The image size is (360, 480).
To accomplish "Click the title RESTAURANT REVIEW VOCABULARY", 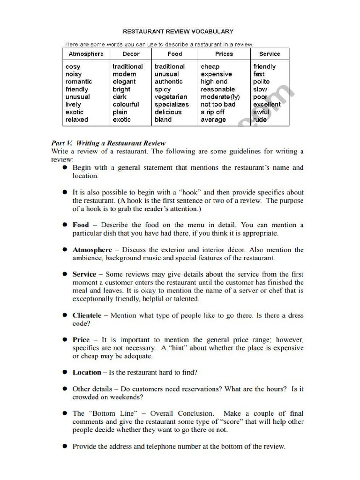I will point(178,31).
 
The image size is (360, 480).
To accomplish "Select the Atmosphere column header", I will point(86,54).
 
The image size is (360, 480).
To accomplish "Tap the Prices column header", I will point(224,54).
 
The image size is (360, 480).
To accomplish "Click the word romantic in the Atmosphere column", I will point(79,82).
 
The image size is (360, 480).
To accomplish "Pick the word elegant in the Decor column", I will point(124,82).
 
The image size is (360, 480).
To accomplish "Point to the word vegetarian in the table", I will point(171,97).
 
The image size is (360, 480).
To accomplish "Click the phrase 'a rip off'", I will point(213,112).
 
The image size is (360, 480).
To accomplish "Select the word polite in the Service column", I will point(262,82).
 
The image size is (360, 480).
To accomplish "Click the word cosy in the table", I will point(73,67).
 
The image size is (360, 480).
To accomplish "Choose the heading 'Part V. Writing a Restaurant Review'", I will point(108,143).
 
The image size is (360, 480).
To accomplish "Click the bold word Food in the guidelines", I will point(81,225).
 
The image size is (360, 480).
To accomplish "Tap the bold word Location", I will point(87,372).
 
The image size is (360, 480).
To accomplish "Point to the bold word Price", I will point(81,339).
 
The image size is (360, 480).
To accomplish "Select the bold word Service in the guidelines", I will point(84,274).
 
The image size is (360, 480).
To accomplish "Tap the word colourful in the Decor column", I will point(126,105).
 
